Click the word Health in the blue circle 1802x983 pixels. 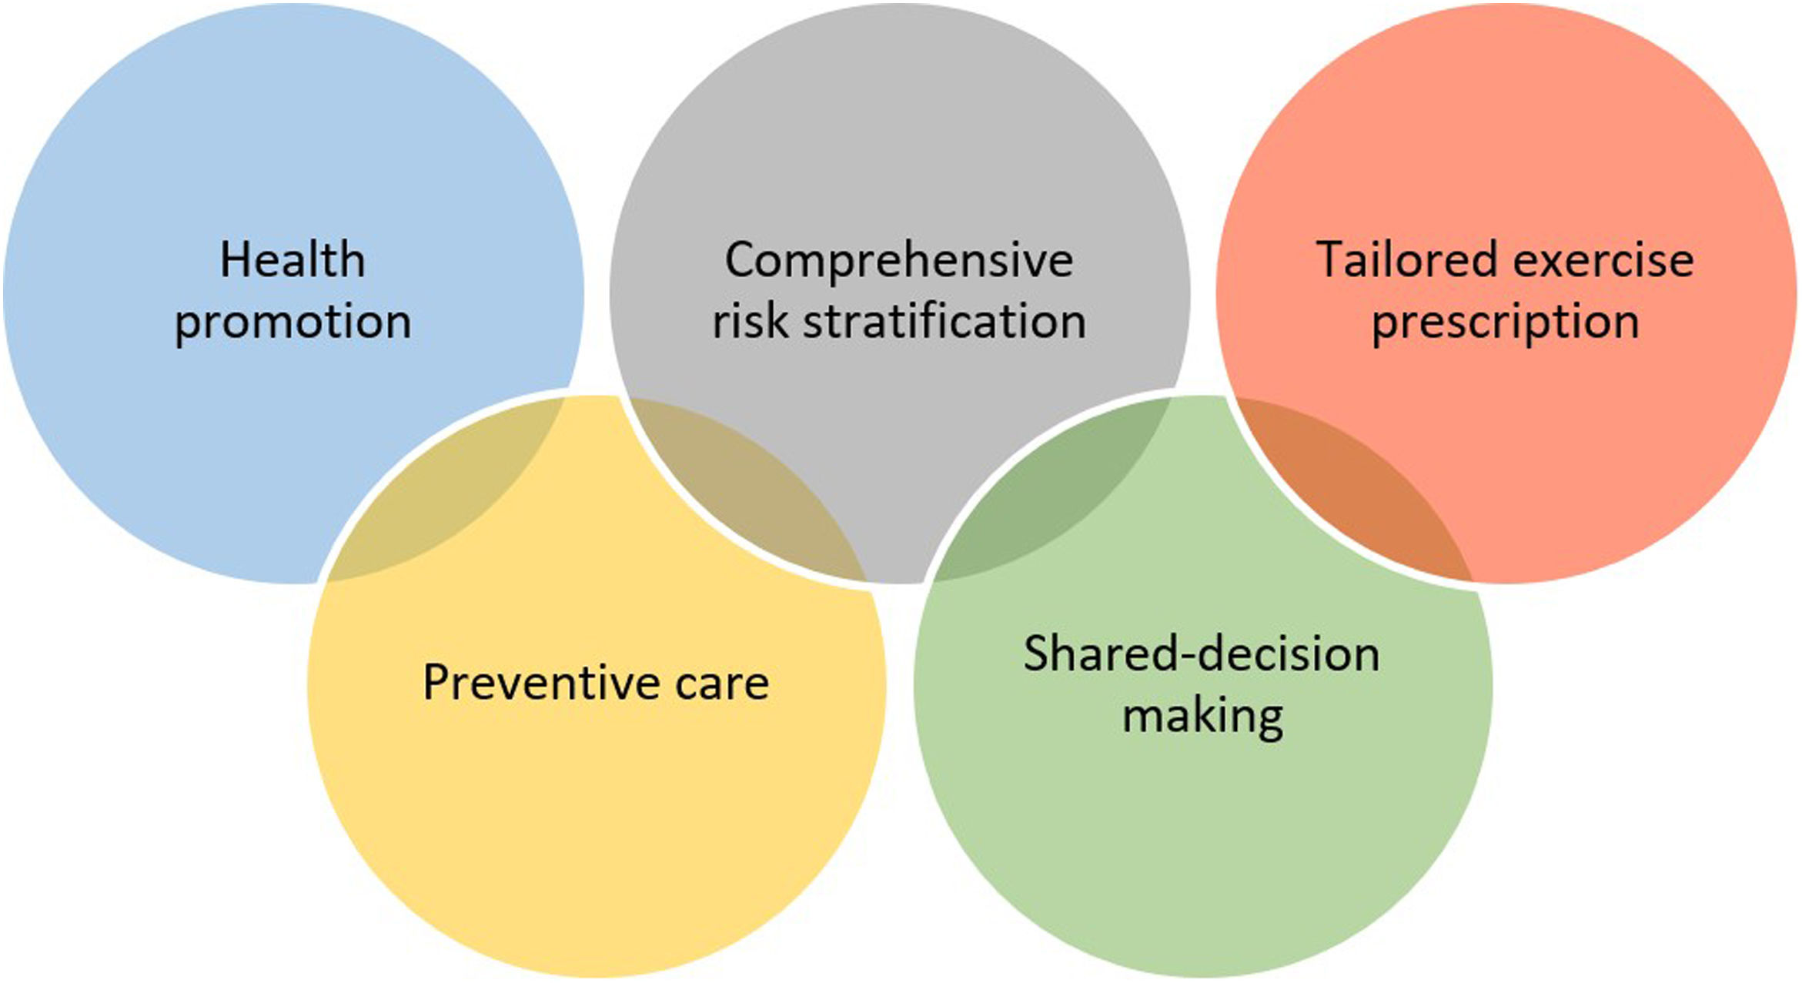(x=293, y=260)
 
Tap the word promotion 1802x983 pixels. (x=293, y=322)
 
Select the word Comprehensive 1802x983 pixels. (x=898, y=262)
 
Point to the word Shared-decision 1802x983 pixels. (x=1201, y=654)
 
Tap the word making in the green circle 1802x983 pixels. (x=1202, y=717)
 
